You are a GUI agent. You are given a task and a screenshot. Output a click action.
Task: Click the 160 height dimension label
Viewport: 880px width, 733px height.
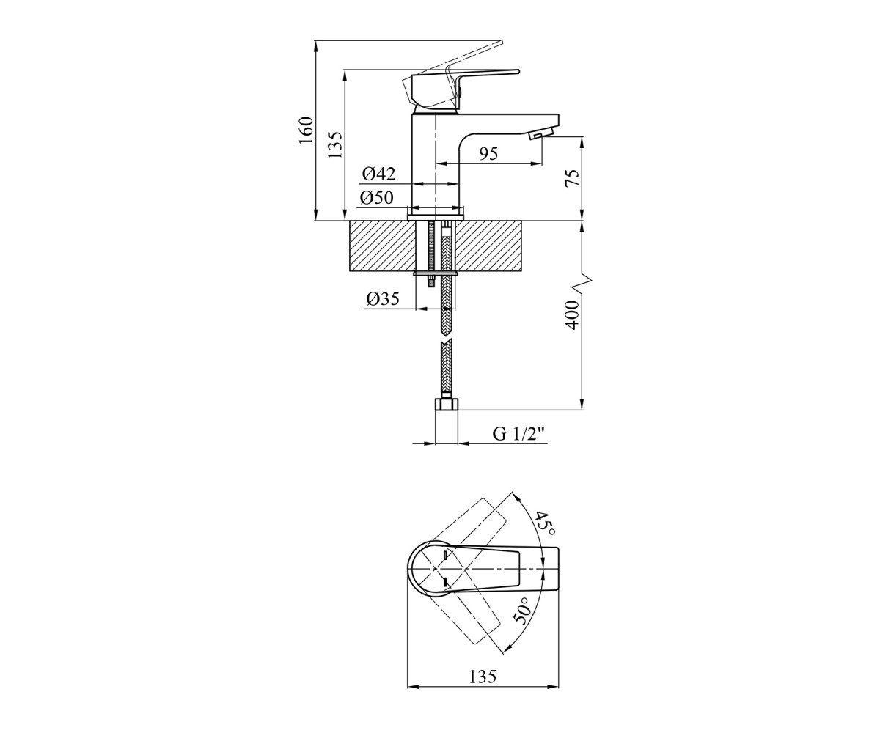point(307,130)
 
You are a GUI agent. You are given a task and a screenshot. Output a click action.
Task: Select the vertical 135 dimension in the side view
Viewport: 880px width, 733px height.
point(335,144)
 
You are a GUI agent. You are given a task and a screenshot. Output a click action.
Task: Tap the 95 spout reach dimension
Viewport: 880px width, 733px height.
point(488,154)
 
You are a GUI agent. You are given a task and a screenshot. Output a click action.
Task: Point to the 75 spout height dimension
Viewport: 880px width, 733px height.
point(573,178)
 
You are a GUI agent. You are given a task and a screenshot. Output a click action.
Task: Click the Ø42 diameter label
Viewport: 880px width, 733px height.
point(378,174)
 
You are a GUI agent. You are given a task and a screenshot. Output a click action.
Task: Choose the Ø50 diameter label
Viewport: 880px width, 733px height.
point(376,197)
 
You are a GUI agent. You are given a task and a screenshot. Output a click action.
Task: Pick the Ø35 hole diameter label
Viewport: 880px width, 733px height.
point(383,298)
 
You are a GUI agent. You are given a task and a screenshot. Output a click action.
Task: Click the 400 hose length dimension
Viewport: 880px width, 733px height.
point(572,314)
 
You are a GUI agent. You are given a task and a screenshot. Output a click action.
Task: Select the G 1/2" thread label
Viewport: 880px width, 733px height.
point(519,434)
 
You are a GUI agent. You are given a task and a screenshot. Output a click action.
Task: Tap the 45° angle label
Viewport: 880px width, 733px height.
point(545,524)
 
